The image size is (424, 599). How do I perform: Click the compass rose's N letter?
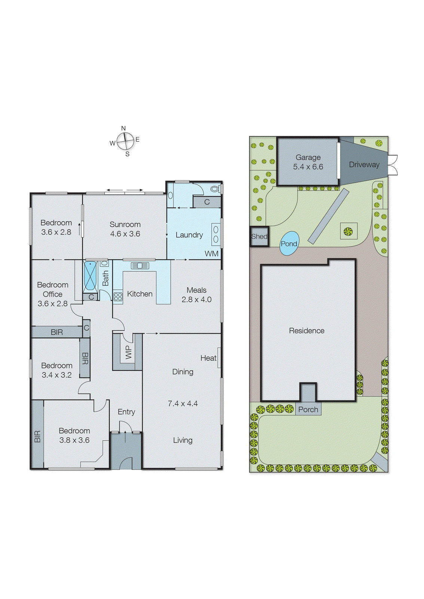tap(123, 128)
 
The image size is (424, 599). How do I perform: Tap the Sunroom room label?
tap(125, 224)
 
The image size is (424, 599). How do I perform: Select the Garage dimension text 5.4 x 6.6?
tap(308, 167)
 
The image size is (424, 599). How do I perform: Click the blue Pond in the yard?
tap(289, 243)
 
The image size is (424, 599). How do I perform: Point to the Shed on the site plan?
tap(259, 236)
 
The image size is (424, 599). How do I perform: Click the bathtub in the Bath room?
tap(90, 276)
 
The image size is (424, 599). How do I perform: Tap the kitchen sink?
tap(140, 265)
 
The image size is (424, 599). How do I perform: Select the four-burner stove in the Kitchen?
tap(118, 297)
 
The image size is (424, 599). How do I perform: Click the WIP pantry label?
tap(128, 352)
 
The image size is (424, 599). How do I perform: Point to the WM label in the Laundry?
tap(211, 253)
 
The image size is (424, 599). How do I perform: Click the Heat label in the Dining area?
tap(208, 358)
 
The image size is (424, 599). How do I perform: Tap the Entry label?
tap(126, 412)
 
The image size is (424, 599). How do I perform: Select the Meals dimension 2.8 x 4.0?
tap(196, 299)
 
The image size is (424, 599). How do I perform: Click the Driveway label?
tap(364, 164)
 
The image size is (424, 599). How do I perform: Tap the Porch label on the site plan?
tap(308, 410)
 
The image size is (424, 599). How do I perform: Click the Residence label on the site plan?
tap(306, 331)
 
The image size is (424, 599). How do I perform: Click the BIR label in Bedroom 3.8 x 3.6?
tap(37, 437)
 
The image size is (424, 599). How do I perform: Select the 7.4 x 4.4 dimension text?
tap(183, 404)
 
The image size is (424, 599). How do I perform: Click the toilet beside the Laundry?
tap(215, 189)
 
